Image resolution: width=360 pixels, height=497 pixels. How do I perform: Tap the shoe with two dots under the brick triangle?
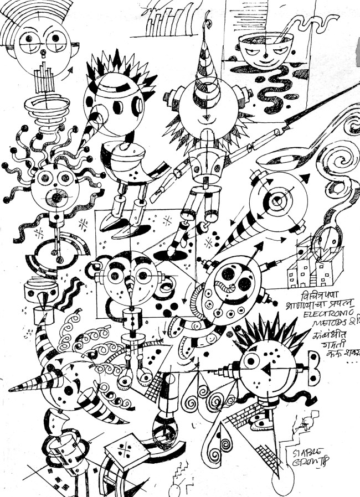261,423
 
